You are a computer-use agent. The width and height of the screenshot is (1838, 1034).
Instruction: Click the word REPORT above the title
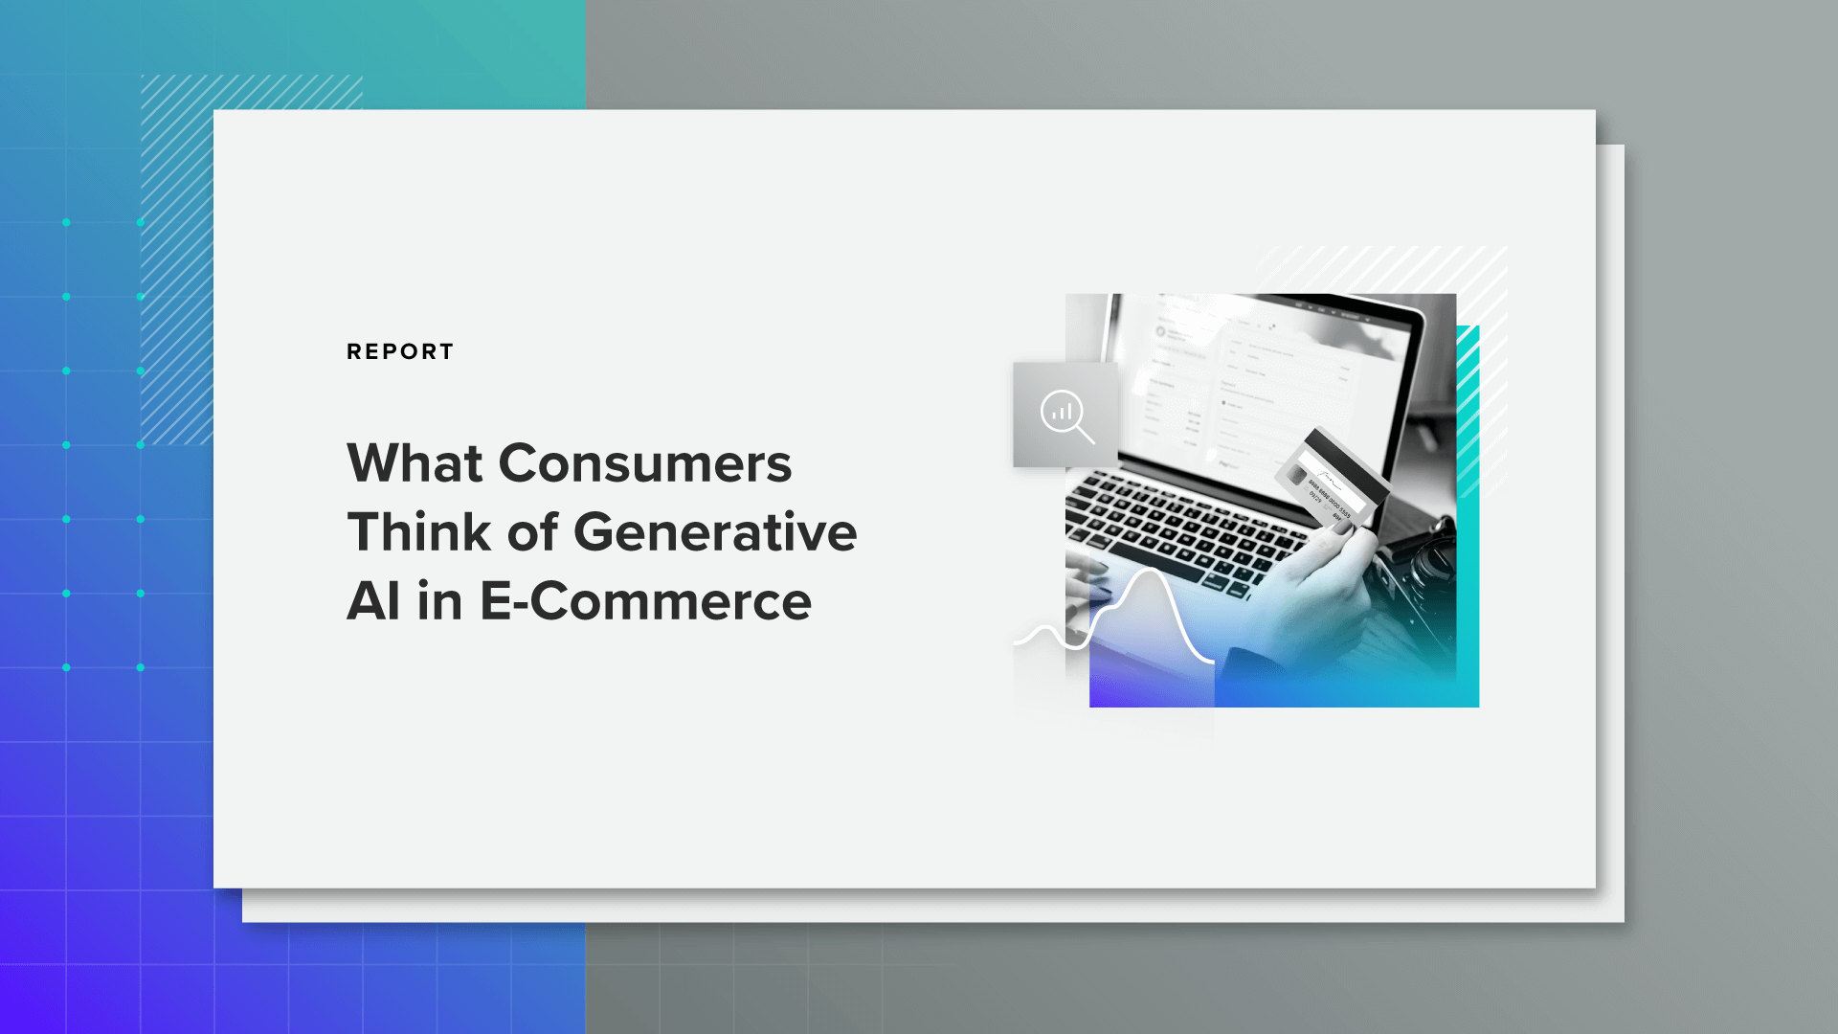[400, 351]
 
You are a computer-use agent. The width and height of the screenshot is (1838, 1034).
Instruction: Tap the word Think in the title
[418, 532]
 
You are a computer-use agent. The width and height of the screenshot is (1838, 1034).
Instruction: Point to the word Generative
[714, 532]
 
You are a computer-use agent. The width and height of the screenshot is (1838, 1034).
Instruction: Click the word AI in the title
[372, 601]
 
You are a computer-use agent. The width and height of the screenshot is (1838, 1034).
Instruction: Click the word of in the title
[532, 532]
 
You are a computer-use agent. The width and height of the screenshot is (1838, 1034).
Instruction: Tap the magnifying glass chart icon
[1065, 415]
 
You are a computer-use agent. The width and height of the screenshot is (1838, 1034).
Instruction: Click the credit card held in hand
[1332, 478]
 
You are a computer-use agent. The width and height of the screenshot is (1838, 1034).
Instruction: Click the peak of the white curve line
[1149, 572]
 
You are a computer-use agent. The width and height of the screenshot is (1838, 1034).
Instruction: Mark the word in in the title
[439, 601]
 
